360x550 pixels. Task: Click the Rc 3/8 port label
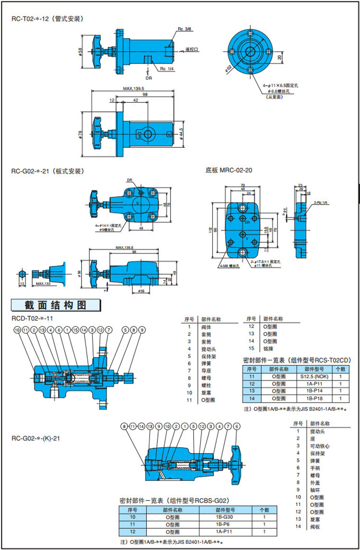[184, 29]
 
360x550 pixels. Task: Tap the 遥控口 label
[192, 49]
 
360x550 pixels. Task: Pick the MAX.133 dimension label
[44, 283]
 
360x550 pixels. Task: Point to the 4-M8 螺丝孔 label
[227, 265]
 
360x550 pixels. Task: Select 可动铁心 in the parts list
[320, 445]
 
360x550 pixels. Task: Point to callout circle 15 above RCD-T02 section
[76, 330]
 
